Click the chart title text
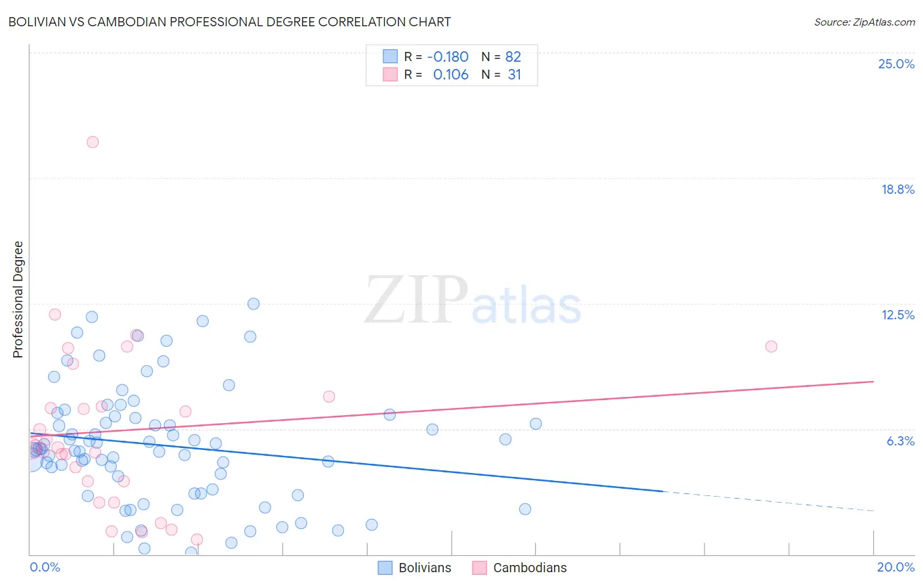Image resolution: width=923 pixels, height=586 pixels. (229, 22)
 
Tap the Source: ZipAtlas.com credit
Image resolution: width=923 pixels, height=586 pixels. (864, 22)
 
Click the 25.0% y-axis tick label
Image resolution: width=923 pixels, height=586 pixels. (896, 64)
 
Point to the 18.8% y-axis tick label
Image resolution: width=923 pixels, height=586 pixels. (897, 189)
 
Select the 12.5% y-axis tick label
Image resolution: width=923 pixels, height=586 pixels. (897, 315)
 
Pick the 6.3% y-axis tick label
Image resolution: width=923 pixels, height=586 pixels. (900, 441)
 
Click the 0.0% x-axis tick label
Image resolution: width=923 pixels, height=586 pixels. (45, 567)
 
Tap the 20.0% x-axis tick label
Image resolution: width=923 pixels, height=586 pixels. (895, 567)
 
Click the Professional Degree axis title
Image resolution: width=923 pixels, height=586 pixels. (18, 300)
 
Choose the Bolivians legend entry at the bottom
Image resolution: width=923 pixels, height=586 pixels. (415, 568)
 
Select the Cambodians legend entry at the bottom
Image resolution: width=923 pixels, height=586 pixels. (519, 568)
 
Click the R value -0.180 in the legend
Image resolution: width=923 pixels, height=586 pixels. (448, 57)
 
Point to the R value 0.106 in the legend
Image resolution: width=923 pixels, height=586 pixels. (450, 75)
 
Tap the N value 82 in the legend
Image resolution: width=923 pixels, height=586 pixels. (513, 57)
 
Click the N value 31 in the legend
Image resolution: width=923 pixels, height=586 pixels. (514, 75)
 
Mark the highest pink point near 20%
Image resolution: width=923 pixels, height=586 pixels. (93, 142)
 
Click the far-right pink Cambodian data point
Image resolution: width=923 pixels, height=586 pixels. (771, 346)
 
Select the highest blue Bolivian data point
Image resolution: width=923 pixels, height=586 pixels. (253, 304)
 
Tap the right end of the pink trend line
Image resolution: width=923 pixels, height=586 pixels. (873, 381)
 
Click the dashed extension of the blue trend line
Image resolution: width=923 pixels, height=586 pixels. (768, 501)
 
